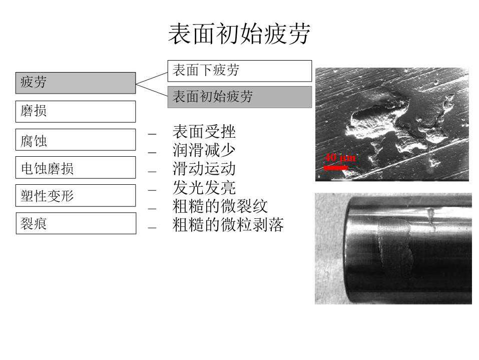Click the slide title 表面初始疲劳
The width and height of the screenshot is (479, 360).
239,34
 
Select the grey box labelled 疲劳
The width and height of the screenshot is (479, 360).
76,83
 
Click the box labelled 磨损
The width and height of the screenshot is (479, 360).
76,112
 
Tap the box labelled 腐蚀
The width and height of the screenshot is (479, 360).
76,140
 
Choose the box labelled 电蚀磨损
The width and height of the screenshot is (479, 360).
76,167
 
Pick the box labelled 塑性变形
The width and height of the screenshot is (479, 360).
76,196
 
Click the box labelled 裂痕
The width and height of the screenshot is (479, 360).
76,223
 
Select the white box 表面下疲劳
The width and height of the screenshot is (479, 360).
240,71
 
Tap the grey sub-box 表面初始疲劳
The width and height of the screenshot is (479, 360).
240,97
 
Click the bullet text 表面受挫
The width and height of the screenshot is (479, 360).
204,132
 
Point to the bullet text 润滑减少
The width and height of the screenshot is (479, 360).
204,150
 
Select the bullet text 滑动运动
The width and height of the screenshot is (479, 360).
204,169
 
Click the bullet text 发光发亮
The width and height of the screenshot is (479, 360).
204,187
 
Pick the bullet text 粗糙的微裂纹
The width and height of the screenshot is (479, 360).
220,206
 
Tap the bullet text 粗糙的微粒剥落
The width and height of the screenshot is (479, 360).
228,225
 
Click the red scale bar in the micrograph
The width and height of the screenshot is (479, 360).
336,167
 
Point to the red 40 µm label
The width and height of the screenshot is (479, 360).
340,158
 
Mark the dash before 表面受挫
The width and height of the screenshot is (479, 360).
152,134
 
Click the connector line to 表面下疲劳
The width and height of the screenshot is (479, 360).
152,78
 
